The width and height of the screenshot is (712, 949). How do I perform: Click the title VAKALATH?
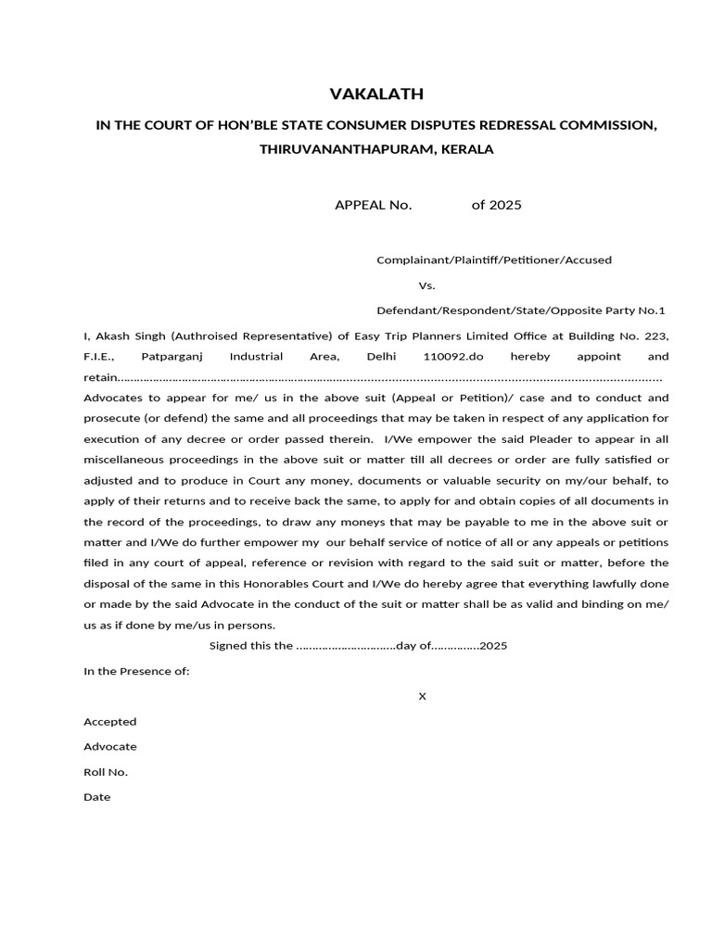pos(376,94)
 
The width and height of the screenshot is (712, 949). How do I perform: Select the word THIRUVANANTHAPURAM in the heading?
pos(337,148)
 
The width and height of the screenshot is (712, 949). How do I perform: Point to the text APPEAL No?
pos(373,205)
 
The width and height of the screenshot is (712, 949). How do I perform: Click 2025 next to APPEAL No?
pos(505,205)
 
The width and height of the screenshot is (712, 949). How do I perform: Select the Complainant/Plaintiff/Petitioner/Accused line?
pos(493,260)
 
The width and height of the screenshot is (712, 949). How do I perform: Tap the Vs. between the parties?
pos(426,285)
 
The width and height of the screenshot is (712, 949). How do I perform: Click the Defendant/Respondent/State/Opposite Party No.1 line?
pos(520,310)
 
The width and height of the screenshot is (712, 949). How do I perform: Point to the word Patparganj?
pos(172,356)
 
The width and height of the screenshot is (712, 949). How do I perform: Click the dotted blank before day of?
pos(345,646)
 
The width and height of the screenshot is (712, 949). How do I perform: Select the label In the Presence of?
pos(136,671)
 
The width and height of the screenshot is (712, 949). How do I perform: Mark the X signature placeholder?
pos(422,696)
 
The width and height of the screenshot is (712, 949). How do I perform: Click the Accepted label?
pos(109,721)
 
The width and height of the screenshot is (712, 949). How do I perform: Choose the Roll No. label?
pos(106,772)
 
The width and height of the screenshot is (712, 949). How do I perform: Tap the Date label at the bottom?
pos(96,797)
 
